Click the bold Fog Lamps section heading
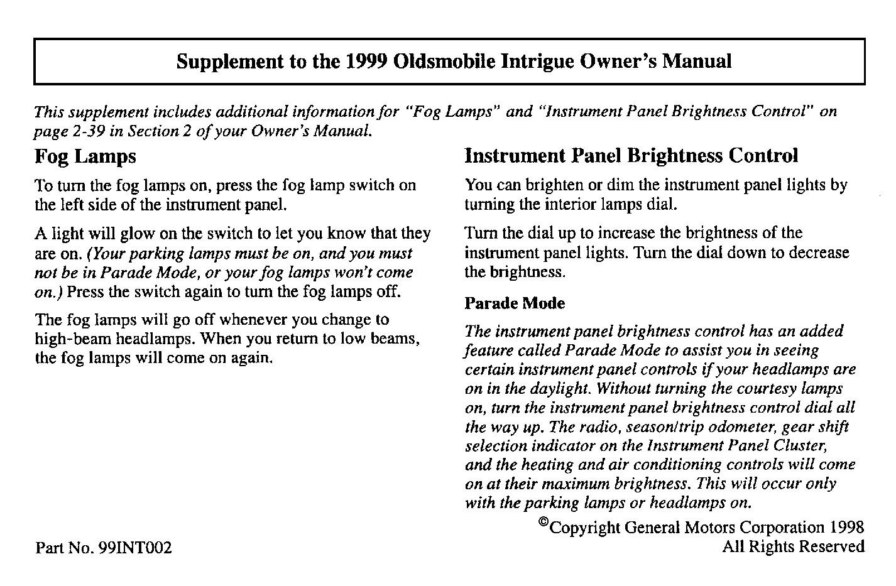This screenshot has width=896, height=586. coord(85,156)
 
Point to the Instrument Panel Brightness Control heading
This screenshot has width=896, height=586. coord(631,156)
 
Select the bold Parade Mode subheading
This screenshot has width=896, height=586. coord(514,303)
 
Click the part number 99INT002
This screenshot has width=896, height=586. coord(135,548)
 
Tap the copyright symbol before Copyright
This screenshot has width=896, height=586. coord(544,523)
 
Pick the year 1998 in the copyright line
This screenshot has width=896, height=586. coord(846,527)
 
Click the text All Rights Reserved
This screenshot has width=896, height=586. coord(793,546)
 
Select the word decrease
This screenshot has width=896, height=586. coord(818,253)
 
